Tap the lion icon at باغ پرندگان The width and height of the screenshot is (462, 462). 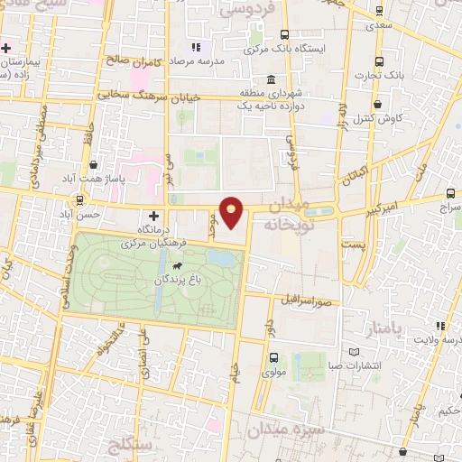pos(176,267)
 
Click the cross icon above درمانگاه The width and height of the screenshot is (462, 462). pos(153,216)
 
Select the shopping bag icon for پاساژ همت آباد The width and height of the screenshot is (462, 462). pos(95,165)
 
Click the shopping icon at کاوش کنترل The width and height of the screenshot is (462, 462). pos(378,105)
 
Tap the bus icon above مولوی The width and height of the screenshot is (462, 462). pos(273,357)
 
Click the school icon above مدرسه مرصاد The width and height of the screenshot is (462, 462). pos(195,47)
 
